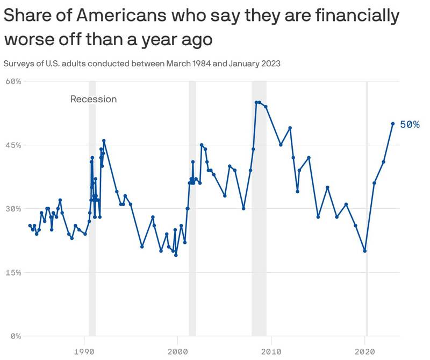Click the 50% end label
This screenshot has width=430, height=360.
tap(410, 124)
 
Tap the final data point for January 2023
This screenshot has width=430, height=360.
tap(393, 123)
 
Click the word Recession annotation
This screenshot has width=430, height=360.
tap(94, 99)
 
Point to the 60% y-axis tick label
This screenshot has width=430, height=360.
tap(12, 81)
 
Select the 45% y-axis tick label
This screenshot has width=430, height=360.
tap(12, 145)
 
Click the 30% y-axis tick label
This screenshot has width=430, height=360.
tap(12, 209)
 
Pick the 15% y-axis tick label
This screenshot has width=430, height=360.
tap(12, 272)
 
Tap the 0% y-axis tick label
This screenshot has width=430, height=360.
tap(15, 336)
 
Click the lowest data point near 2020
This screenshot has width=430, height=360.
tap(365, 251)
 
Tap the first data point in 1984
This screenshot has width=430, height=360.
tap(30, 225)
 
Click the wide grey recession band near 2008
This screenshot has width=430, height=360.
tap(259, 215)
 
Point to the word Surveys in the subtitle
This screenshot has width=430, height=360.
tap(18, 63)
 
